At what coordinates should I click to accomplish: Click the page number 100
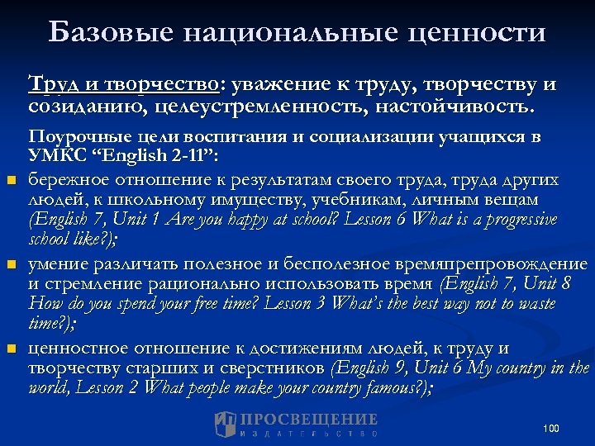click(x=551, y=428)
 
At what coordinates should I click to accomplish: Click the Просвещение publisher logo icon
click(x=226, y=425)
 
